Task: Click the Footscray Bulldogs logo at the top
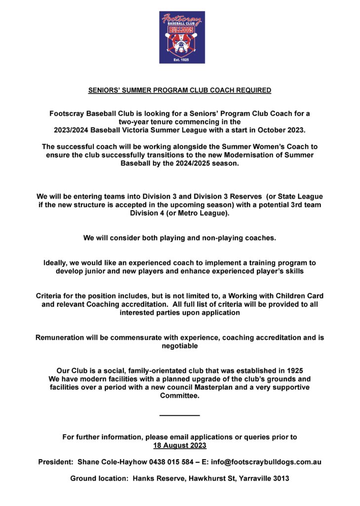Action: tap(182, 37)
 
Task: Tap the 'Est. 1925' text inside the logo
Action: tap(182, 60)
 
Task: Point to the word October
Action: tap(269, 130)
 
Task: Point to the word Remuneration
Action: tap(61, 337)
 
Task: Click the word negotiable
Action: tap(180, 346)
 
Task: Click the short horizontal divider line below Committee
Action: tap(180, 415)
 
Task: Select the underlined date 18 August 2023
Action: tap(180, 446)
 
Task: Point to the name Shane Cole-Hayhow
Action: tap(109, 462)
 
